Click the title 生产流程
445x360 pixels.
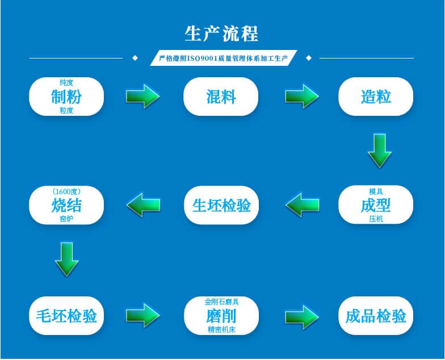pos(221,34)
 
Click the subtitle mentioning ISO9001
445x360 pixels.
pos(223,58)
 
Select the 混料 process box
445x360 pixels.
pos(221,97)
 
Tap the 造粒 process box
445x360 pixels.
pos(376,97)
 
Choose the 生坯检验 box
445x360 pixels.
pos(221,205)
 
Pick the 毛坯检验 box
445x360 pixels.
pos(66,316)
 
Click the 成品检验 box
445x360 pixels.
pos(376,316)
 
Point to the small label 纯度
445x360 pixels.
pos(66,83)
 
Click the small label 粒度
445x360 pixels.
pos(66,111)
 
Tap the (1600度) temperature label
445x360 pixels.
pos(66,191)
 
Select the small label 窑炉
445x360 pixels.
pos(66,219)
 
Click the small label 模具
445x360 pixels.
pos(376,191)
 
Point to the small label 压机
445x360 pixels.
pos(376,219)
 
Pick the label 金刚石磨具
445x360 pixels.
pos(221,302)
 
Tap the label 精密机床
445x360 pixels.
pos(221,329)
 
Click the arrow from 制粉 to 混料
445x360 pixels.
pos(142,96)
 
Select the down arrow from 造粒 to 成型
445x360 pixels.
pos(379,150)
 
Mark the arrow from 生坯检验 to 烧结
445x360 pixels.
pos(143,205)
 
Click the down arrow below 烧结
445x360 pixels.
pos(66,259)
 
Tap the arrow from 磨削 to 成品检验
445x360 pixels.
pos(301,316)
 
